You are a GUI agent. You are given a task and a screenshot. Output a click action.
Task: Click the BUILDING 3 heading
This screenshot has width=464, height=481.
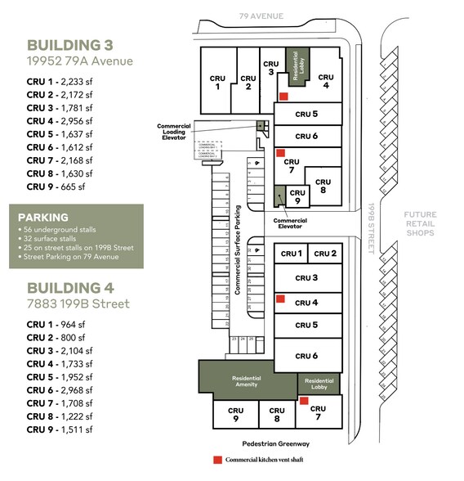[x=69, y=44]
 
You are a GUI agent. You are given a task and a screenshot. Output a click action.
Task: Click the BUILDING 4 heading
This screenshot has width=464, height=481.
[x=69, y=287]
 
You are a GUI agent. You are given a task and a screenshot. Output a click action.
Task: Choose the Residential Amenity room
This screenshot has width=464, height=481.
[x=247, y=380]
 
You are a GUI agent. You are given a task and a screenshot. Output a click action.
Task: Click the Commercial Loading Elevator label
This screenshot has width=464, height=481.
[x=174, y=131]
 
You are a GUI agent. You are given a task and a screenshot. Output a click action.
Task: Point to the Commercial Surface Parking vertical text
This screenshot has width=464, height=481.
[x=239, y=249]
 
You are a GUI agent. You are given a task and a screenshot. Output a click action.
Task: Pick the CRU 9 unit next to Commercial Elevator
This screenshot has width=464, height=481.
[x=297, y=196]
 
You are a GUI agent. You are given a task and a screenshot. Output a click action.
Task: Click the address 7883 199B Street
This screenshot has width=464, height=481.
[x=78, y=305]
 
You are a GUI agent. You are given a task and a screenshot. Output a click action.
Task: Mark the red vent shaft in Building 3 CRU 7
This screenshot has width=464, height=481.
[x=280, y=152]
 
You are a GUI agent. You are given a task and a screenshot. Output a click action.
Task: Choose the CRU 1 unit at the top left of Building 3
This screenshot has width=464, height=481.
[x=217, y=83]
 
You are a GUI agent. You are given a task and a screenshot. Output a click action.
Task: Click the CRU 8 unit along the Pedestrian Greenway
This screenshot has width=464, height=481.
[x=277, y=415]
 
